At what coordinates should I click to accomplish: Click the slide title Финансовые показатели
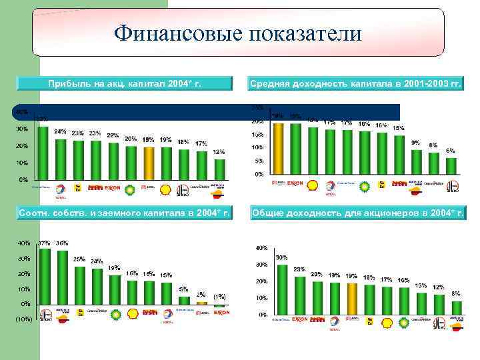click(237, 33)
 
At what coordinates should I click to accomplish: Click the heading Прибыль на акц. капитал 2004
click(125, 83)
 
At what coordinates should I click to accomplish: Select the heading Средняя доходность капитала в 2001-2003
click(356, 83)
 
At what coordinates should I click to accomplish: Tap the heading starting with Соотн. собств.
click(125, 213)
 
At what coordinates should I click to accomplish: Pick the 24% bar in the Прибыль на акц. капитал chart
click(61, 159)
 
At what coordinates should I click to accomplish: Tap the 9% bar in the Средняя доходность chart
click(417, 161)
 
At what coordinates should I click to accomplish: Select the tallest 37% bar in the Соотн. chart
click(45, 276)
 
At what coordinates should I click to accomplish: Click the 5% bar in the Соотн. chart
click(184, 300)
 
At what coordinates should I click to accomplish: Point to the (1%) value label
click(219, 296)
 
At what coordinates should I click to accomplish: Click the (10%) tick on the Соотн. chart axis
click(23, 319)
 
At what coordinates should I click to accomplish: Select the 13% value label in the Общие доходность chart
click(421, 285)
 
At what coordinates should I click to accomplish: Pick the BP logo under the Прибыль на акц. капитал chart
click(131, 189)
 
